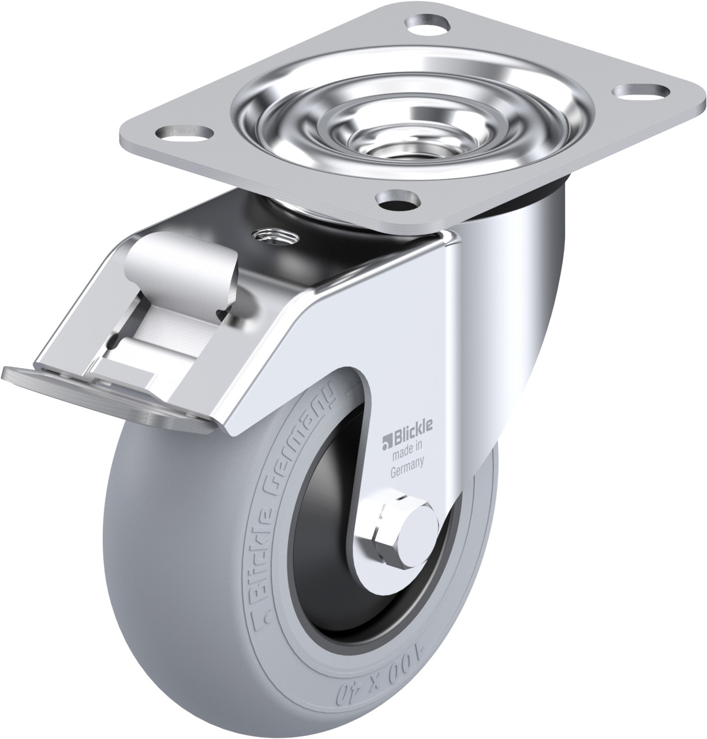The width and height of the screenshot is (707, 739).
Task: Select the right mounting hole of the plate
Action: (x=642, y=91)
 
